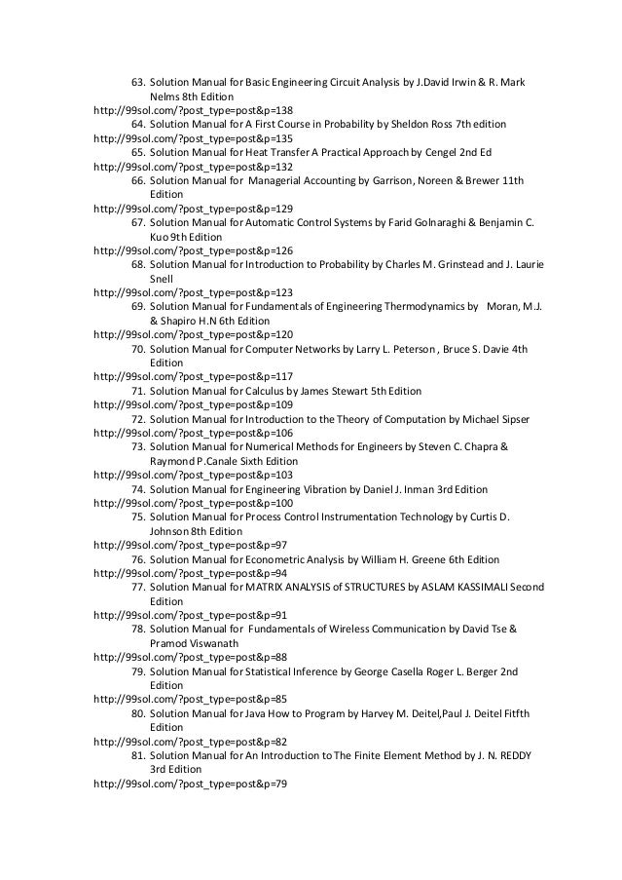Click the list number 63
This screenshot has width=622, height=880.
coord(137,82)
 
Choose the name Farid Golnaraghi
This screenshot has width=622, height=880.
coord(436,222)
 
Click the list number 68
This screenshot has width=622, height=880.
coord(137,264)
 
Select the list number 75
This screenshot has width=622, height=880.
coord(137,517)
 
